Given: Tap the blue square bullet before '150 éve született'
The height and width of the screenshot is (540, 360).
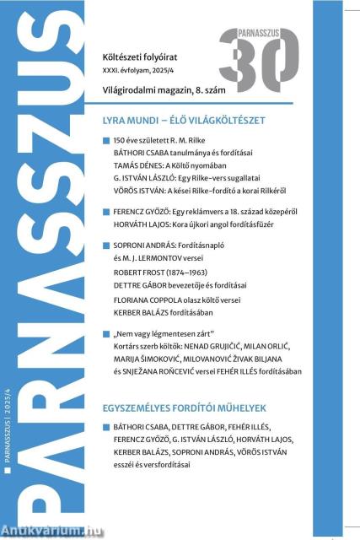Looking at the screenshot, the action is click(105, 138).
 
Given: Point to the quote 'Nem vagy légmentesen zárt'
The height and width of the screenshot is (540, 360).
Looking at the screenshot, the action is click(161, 359).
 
